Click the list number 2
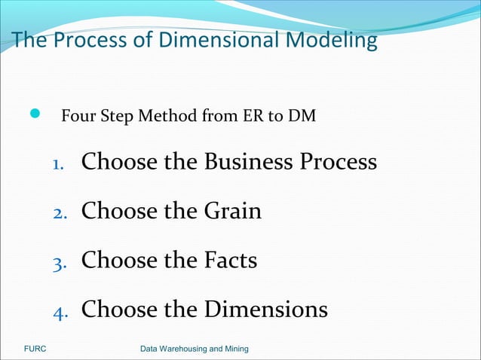pos(60,213)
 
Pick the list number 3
pos(60,263)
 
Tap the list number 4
pos(60,312)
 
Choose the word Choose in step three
pos(117,261)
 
